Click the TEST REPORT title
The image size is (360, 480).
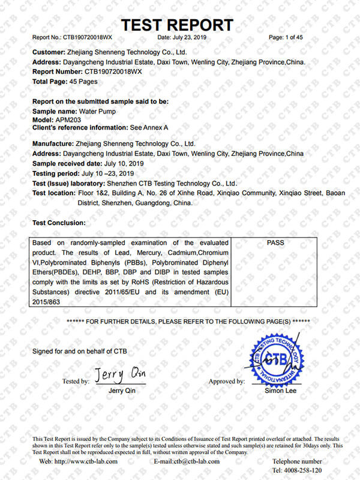point(177,25)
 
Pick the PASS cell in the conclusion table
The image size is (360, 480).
point(274,243)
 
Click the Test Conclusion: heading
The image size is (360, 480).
point(59,223)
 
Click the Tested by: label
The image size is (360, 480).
point(76,382)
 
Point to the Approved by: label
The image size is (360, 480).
point(226,382)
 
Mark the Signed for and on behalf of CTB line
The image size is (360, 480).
point(79,350)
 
